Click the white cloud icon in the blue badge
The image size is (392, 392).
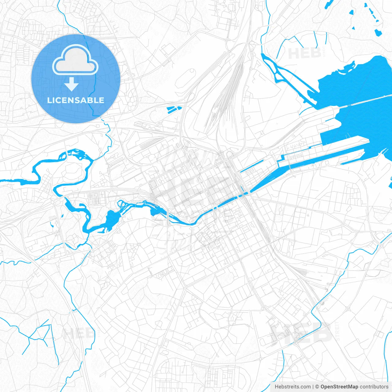pyautogui.click(x=75, y=60)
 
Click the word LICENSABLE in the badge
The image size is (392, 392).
pyautogui.click(x=76, y=100)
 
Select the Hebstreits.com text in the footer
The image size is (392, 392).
pyautogui.click(x=292, y=387)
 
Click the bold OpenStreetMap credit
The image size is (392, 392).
pyautogui.click(x=339, y=387)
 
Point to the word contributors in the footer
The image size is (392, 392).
pyautogui.click(x=374, y=387)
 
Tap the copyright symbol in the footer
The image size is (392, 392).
pyautogui.click(x=317, y=387)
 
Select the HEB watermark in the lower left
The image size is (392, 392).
pyautogui.click(x=78, y=334)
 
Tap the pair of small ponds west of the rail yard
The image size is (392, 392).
pyautogui.click(x=174, y=109)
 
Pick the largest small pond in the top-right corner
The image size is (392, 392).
pyautogui.click(x=378, y=32)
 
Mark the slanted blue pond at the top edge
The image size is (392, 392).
pyautogui.click(x=329, y=3)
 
